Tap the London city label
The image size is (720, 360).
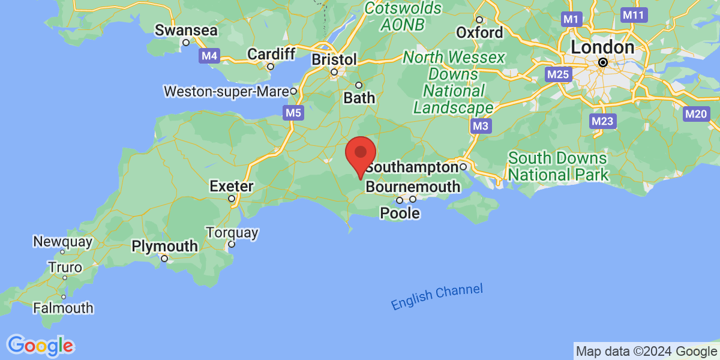click(x=602, y=47)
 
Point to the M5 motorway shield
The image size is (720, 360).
click(x=293, y=112)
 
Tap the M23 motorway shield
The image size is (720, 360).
click(x=602, y=121)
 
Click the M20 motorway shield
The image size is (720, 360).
click(x=696, y=113)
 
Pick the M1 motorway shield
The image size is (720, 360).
click(x=571, y=20)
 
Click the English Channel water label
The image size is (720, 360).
click(x=437, y=297)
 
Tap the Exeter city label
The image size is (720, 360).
click(x=232, y=187)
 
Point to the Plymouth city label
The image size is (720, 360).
click(x=164, y=246)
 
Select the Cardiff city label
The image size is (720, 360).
click(x=271, y=54)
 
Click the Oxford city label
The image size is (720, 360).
click(x=479, y=32)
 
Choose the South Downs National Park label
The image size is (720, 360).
click(x=558, y=167)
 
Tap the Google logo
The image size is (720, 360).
click(x=41, y=345)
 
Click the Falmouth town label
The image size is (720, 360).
click(x=64, y=308)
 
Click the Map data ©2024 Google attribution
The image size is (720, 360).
click(x=646, y=351)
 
